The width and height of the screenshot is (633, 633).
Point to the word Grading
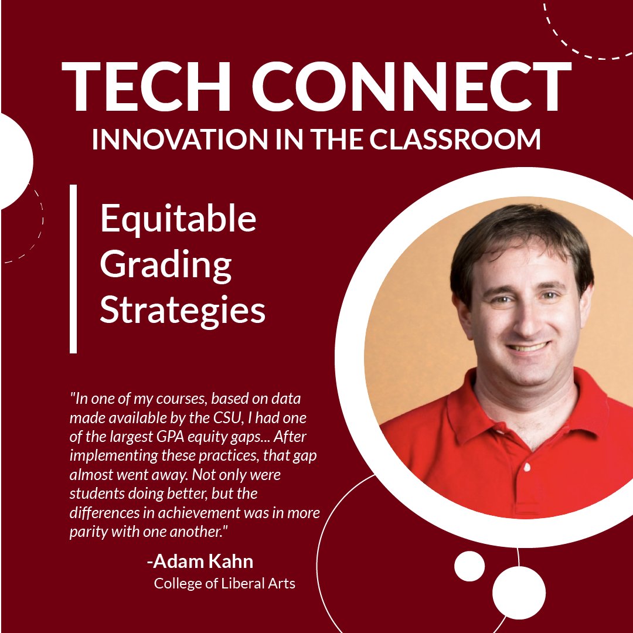pyautogui.click(x=166, y=265)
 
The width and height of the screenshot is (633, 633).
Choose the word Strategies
pyautogui.click(x=182, y=311)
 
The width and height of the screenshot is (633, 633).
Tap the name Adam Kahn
pyautogui.click(x=200, y=561)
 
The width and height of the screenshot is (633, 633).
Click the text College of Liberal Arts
pyautogui.click(x=224, y=584)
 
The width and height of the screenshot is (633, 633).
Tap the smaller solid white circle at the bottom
pyautogui.click(x=469, y=566)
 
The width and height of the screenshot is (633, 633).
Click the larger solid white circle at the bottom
pyautogui.click(x=519, y=593)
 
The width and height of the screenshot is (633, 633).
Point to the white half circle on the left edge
pyautogui.click(x=14, y=161)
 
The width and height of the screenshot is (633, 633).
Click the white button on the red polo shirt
pyautogui.click(x=527, y=468)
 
